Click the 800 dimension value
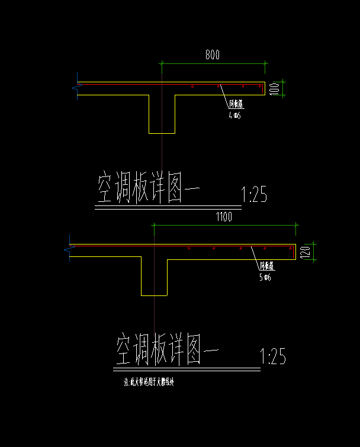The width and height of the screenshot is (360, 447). [x=213, y=56]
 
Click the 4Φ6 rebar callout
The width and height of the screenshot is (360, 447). [x=234, y=115]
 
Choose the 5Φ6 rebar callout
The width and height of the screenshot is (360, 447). [x=265, y=277]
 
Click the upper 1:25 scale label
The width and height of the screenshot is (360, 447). [x=255, y=195]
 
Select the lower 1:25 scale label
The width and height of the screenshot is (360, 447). [x=273, y=356]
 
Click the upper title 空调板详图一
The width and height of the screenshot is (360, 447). [x=149, y=188]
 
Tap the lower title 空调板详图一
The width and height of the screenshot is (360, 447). [x=167, y=350]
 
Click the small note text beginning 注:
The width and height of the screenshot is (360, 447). [x=149, y=382]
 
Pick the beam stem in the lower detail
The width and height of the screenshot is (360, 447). [x=154, y=276]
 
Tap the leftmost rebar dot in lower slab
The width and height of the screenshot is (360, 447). [x=188, y=249]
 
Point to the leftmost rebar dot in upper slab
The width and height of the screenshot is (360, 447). [x=193, y=87]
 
